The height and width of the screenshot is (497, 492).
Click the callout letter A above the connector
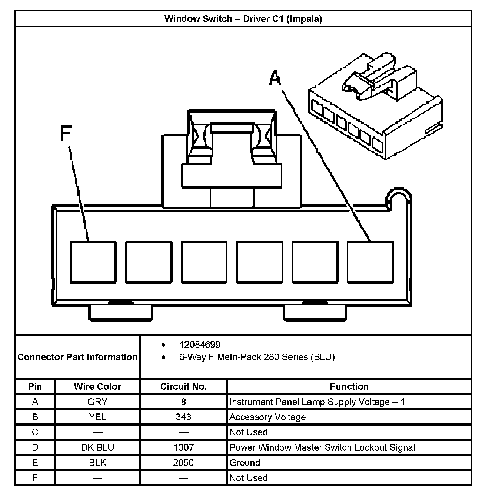[275, 78]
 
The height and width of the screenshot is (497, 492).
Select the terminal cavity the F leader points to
[93, 262]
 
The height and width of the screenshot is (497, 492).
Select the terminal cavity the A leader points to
[370, 262]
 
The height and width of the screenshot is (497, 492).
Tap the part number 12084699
[200, 345]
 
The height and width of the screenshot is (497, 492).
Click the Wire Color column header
[97, 386]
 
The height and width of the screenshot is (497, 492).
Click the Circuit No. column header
[183, 386]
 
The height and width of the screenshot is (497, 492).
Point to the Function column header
[349, 386]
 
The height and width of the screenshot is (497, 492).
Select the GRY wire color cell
[97, 402]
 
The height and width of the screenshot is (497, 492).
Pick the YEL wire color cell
[97, 417]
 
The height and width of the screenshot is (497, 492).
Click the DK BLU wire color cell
[97, 447]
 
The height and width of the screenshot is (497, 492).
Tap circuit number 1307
[183, 447]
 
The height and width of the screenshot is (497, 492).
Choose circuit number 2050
[183, 463]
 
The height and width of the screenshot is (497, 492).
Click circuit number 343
[183, 417]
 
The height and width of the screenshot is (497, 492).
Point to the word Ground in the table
[245, 463]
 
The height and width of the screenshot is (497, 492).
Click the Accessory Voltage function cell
[267, 417]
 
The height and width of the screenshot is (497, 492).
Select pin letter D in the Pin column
[35, 447]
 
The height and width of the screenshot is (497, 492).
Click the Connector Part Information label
[77, 357]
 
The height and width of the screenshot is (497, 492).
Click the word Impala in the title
[306, 18]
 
